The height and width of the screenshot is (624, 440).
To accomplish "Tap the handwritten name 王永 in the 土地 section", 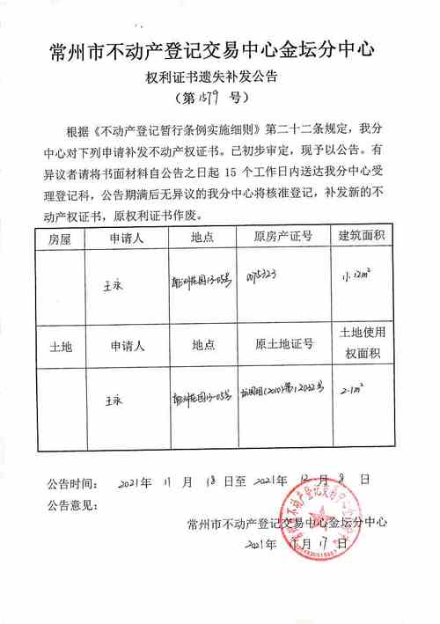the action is tap(113, 397).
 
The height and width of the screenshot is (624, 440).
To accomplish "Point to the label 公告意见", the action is tap(75, 504).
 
